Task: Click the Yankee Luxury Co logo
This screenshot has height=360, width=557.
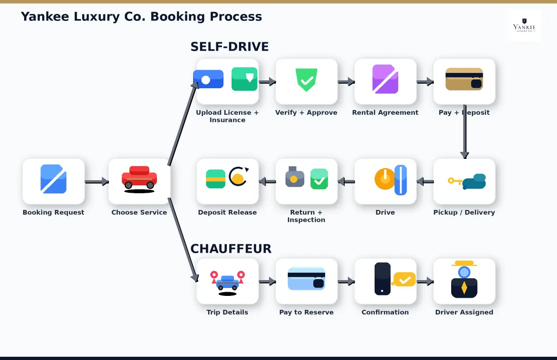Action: (x=525, y=26)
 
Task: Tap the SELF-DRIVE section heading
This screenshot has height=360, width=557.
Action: (x=229, y=47)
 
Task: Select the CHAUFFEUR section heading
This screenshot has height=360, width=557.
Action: (x=231, y=249)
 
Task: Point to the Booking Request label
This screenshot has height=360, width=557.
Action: (x=53, y=212)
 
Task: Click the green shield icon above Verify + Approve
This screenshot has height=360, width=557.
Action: (x=306, y=79)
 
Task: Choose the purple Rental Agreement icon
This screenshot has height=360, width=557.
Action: (x=385, y=79)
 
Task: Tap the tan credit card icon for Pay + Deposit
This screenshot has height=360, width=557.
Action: (x=464, y=79)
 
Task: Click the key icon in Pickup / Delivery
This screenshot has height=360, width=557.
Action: (x=454, y=181)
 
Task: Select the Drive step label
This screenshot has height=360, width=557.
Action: (x=385, y=212)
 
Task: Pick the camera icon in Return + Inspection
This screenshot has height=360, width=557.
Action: (x=295, y=177)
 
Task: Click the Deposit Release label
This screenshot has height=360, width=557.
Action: (x=227, y=212)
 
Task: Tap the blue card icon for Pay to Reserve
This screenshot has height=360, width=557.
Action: (x=306, y=279)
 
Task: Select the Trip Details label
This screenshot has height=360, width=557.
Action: (x=227, y=312)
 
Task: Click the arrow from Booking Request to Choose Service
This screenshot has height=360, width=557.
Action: (x=97, y=182)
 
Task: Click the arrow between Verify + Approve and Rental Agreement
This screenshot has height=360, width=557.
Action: (x=346, y=82)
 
